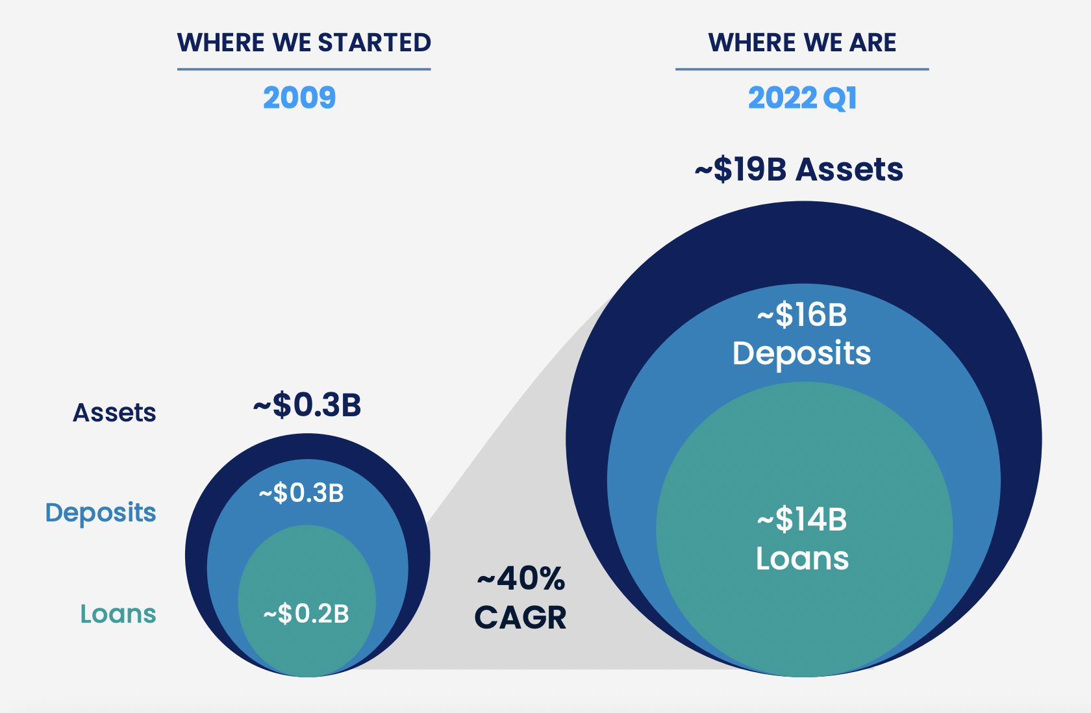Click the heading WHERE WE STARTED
tap(304, 43)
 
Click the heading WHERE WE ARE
tap(802, 43)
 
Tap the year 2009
tap(299, 98)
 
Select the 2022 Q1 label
tap(803, 98)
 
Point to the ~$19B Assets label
tap(799, 169)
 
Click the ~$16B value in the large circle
tap(802, 315)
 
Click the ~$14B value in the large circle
tap(802, 519)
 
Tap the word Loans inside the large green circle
tap(802, 558)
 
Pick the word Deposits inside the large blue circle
tap(801, 354)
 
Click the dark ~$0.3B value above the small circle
tap(307, 405)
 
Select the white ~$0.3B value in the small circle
tap(301, 494)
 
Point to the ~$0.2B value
tap(306, 614)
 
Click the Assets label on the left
tap(114, 413)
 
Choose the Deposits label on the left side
tap(101, 513)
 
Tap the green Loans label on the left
tap(118, 614)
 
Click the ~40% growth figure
tap(521, 579)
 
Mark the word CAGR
tap(520, 618)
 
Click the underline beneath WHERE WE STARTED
tap(304, 69)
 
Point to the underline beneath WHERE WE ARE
tap(802, 69)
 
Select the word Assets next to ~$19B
tap(849, 169)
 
